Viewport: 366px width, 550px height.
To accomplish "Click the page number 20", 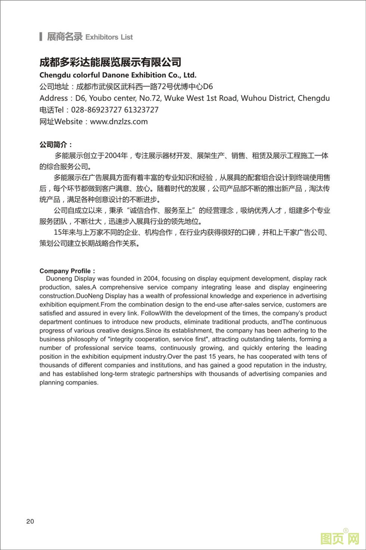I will [x=30, y=522].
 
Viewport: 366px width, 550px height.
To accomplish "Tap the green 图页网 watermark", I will [x=339, y=539].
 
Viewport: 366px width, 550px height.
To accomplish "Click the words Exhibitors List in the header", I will [x=109, y=37].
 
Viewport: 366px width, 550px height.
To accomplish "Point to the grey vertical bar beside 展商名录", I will [x=41, y=37].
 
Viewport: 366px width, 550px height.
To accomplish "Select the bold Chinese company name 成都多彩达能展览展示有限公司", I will [x=110, y=62].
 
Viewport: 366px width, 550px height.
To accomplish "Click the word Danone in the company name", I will [x=118, y=75].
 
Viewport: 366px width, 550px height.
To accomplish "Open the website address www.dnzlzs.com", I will [x=119, y=122].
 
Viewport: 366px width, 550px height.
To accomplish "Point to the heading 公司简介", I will [x=56, y=145].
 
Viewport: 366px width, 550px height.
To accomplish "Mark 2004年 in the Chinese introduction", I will [x=116, y=156].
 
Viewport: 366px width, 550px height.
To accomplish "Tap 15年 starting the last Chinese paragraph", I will [x=62, y=233].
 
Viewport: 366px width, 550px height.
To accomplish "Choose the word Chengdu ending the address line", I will [x=314, y=98].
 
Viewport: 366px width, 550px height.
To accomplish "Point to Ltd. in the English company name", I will [x=190, y=75].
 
